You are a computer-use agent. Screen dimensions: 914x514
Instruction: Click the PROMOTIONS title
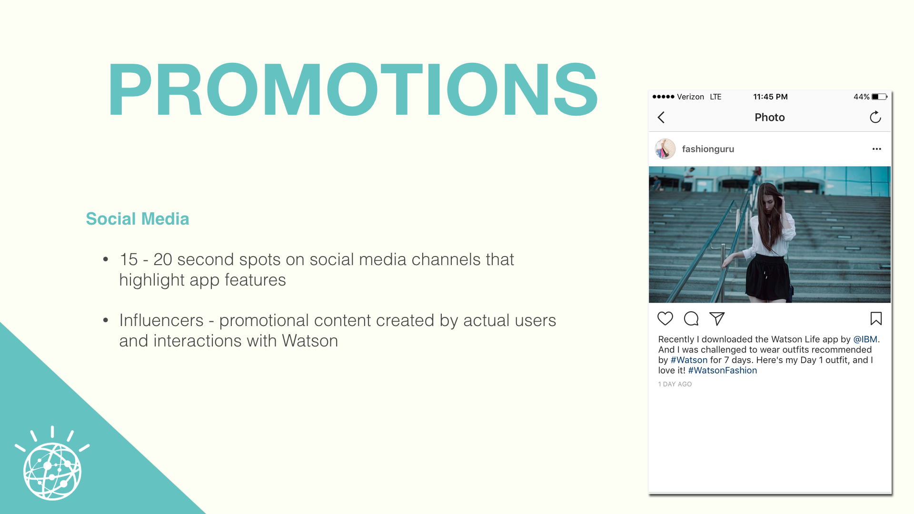353,89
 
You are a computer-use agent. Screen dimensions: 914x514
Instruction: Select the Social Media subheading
138,219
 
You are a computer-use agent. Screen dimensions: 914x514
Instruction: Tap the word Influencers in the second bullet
161,320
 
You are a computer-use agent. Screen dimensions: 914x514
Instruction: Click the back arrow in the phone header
661,118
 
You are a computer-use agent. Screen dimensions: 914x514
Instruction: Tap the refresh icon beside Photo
875,117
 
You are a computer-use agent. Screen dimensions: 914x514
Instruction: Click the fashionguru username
708,149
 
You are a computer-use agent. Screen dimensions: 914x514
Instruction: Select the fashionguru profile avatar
665,149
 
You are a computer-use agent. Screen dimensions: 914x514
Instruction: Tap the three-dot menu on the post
876,149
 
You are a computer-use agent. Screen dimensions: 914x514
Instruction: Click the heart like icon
665,318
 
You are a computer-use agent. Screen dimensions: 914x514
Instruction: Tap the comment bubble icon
691,318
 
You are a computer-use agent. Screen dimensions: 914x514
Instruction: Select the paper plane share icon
717,318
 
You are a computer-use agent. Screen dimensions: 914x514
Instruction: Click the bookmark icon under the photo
876,318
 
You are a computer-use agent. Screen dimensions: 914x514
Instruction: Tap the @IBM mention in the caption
865,339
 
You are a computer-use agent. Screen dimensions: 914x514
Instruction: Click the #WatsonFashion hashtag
722,370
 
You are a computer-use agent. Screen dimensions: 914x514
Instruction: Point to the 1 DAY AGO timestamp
675,384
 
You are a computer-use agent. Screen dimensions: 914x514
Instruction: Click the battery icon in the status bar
879,97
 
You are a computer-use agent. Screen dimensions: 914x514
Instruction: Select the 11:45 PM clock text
770,97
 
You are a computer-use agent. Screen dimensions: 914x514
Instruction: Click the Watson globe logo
52,464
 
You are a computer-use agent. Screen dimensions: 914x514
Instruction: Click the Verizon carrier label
690,97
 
